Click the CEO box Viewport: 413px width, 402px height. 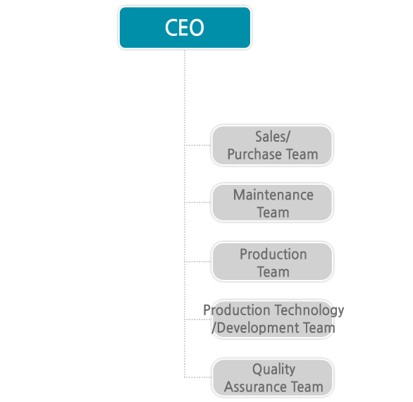click(x=185, y=28)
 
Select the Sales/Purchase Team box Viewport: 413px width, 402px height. click(x=272, y=145)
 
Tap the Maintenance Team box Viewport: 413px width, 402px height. click(x=272, y=202)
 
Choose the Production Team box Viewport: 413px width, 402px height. click(x=272, y=262)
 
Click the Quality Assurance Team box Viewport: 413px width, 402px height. click(x=273, y=377)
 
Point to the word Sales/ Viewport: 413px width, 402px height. click(x=273, y=137)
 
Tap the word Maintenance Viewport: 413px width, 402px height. click(x=273, y=195)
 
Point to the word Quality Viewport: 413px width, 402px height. click(x=273, y=369)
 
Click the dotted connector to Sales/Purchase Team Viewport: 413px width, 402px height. click(x=198, y=145)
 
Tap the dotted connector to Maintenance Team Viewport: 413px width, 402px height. click(x=198, y=202)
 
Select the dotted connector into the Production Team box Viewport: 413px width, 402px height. click(x=198, y=262)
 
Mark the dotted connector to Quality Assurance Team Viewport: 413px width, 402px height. click(x=198, y=377)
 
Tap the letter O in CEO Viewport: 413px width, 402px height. click(x=197, y=28)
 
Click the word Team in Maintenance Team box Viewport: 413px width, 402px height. click(x=273, y=212)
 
